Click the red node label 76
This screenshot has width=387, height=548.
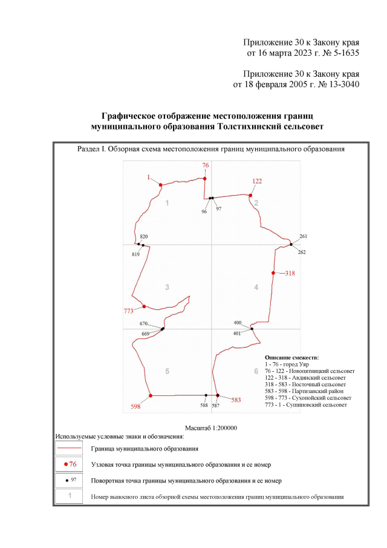click(206, 165)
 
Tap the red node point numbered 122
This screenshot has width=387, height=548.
click(250, 195)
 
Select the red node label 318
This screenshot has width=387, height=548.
click(290, 274)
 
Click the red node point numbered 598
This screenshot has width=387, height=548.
click(151, 395)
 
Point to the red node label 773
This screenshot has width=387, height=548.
click(128, 311)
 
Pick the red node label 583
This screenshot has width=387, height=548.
click(236, 400)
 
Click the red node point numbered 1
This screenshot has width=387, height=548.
click(161, 185)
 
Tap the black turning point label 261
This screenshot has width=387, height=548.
click(304, 236)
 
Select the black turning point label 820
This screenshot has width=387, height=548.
click(144, 237)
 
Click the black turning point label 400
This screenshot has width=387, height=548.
click(238, 323)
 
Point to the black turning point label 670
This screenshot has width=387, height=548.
click(144, 324)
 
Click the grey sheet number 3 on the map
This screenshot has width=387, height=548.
click(167, 287)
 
